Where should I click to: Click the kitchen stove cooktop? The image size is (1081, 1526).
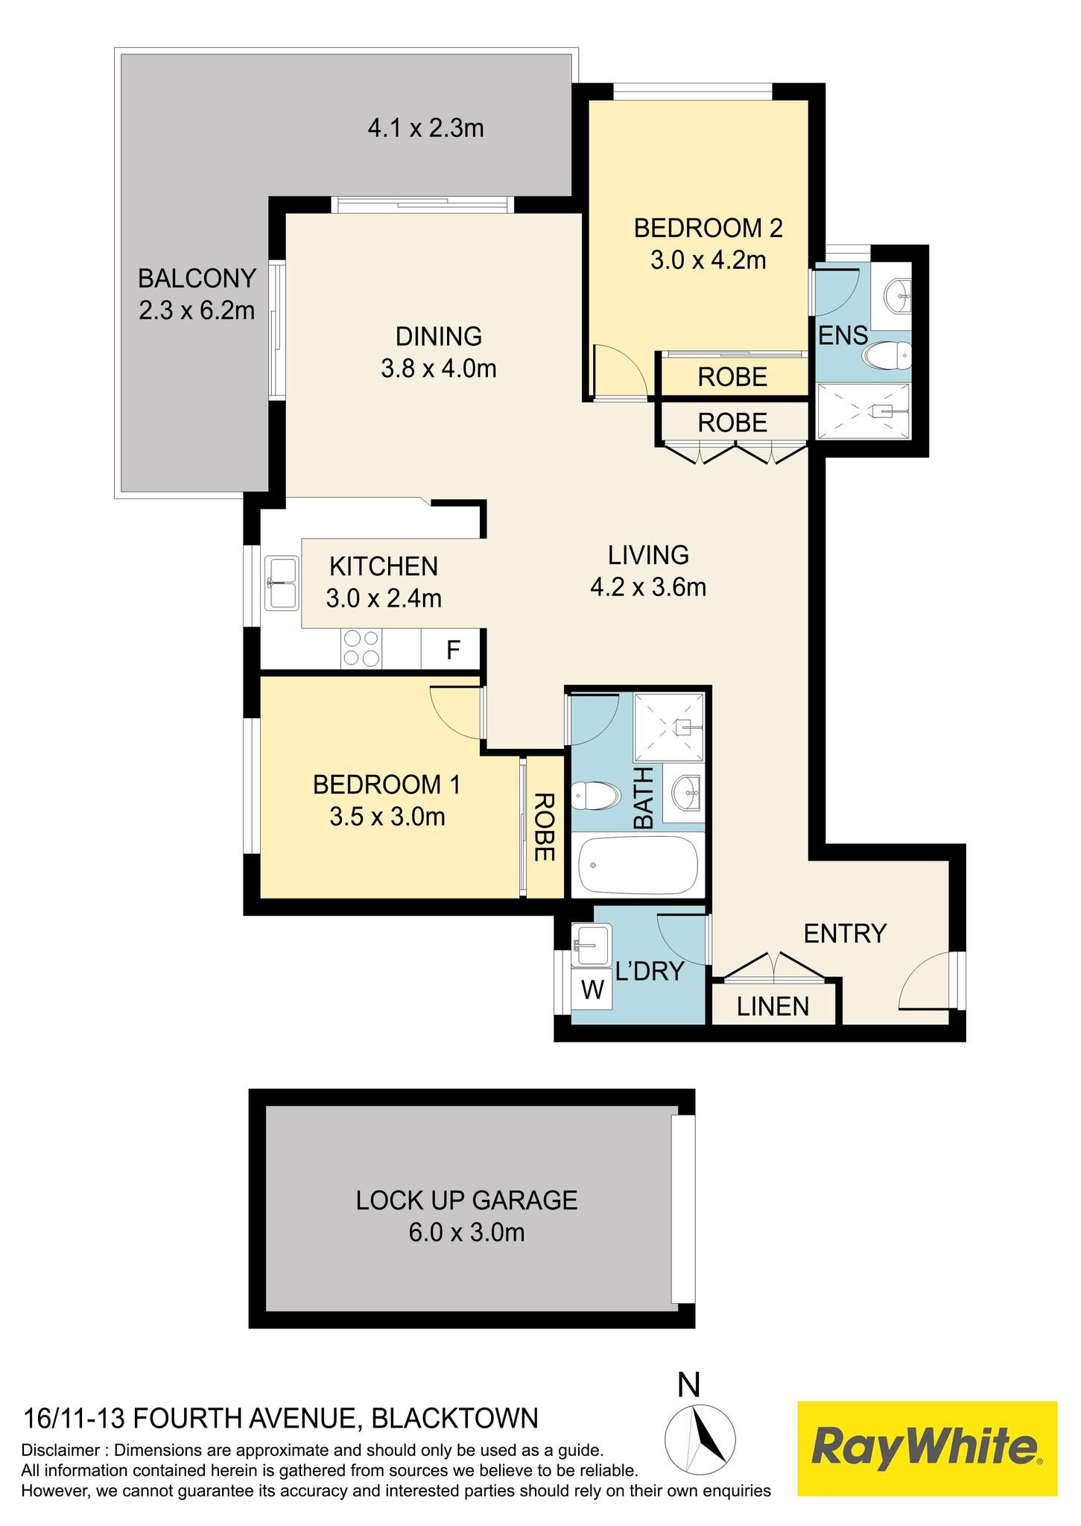click(x=361, y=648)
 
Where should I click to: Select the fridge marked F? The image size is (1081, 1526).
click(x=451, y=649)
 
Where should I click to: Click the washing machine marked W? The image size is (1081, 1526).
click(x=592, y=990)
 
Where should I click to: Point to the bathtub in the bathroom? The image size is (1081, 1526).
click(x=638, y=865)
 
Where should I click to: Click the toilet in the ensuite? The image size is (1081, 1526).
click(x=887, y=355)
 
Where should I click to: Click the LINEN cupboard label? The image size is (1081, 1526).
click(x=773, y=1007)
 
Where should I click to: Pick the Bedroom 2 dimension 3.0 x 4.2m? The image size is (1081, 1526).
click(x=708, y=261)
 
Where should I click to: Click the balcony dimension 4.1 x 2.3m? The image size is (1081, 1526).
click(x=426, y=129)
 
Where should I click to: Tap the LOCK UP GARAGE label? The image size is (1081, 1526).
click(x=467, y=1200)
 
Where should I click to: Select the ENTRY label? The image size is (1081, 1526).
click(x=845, y=933)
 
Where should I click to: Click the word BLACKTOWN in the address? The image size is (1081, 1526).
click(x=454, y=1418)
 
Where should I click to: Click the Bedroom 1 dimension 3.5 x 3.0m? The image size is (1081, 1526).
click(x=387, y=817)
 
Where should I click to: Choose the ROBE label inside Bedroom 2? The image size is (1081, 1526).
click(x=732, y=378)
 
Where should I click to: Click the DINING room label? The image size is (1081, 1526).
click(x=439, y=337)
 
